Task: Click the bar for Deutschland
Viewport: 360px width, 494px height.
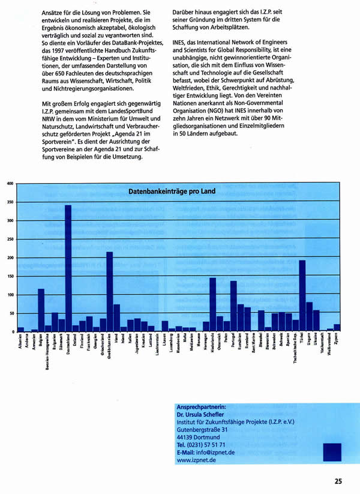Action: (68, 268)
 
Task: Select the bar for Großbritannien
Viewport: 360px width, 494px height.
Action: (109, 292)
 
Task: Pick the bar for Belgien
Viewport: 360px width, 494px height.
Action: (41, 310)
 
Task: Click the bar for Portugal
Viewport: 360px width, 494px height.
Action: (233, 306)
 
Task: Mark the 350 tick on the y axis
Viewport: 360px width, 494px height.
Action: (9, 202)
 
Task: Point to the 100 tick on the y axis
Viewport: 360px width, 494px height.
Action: (9, 295)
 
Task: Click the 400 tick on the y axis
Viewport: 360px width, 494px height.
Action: (9, 183)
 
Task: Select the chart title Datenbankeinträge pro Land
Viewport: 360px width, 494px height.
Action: (172, 191)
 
